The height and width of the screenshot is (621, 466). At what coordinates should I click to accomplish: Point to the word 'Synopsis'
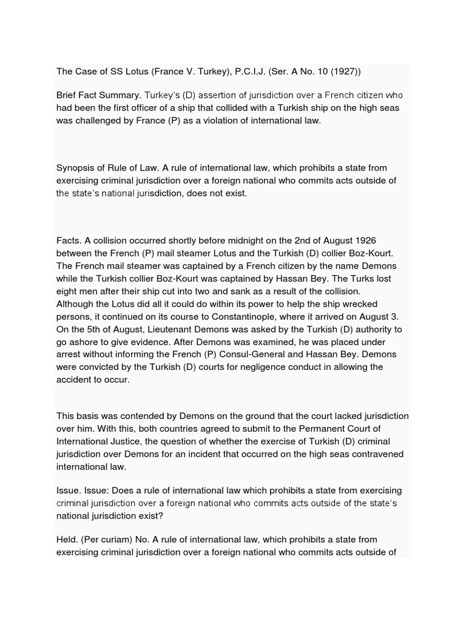(x=76, y=167)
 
